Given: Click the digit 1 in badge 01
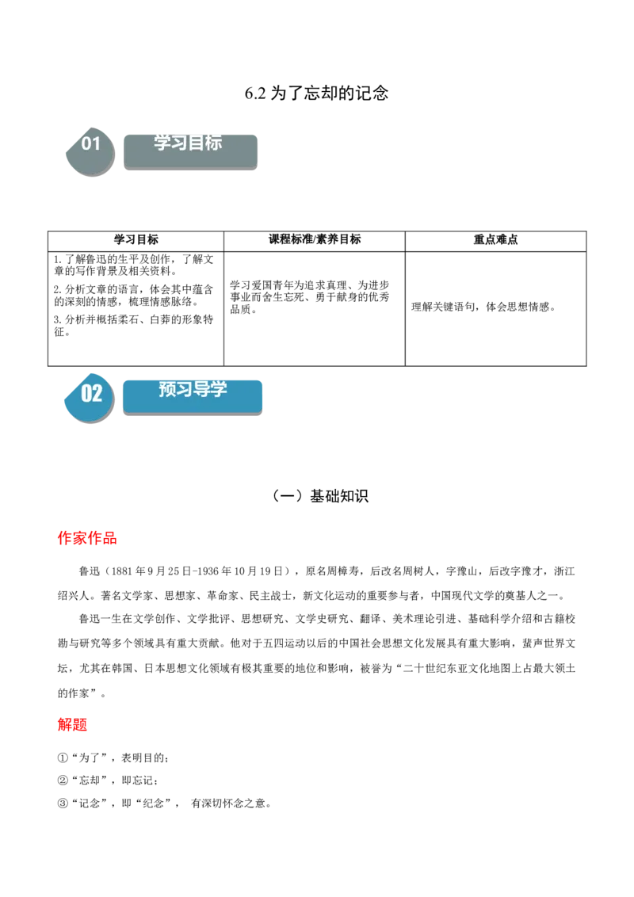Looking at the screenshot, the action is (97, 143).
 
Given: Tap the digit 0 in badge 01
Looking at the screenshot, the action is (86, 143).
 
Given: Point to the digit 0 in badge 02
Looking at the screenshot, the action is (86, 393).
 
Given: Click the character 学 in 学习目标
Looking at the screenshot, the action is (162, 143).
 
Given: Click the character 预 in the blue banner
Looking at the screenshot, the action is (167, 389).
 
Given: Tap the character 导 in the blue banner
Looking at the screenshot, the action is (201, 389).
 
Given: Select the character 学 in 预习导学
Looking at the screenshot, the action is (218, 389).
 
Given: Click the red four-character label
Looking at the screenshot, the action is (88, 538).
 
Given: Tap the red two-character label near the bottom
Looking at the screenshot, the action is (72, 724).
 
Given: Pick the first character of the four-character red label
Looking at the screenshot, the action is (65, 538).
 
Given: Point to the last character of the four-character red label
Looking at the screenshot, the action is (111, 538).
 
